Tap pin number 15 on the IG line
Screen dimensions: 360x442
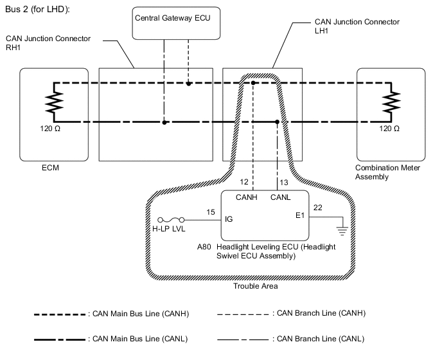coord(210,212)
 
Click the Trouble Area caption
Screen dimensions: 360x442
coord(256,286)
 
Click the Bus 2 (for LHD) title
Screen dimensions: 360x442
coord(37,10)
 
